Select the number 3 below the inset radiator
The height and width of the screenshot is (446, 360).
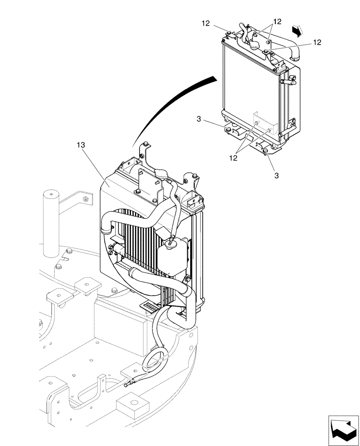pyautogui.click(x=277, y=176)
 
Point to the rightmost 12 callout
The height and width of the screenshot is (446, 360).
pyautogui.click(x=317, y=42)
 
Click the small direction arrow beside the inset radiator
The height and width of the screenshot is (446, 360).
pyautogui.click(x=297, y=30)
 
